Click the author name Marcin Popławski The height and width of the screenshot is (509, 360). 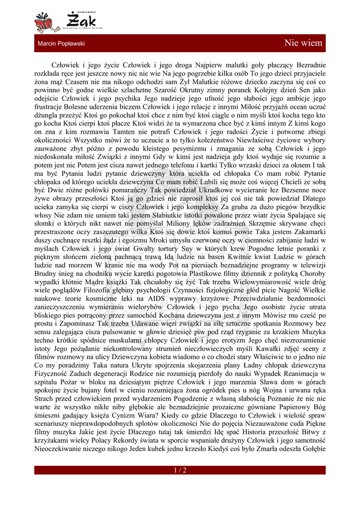click(61, 44)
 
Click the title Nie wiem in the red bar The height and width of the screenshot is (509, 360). click(303, 43)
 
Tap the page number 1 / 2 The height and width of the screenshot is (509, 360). click(180, 470)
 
